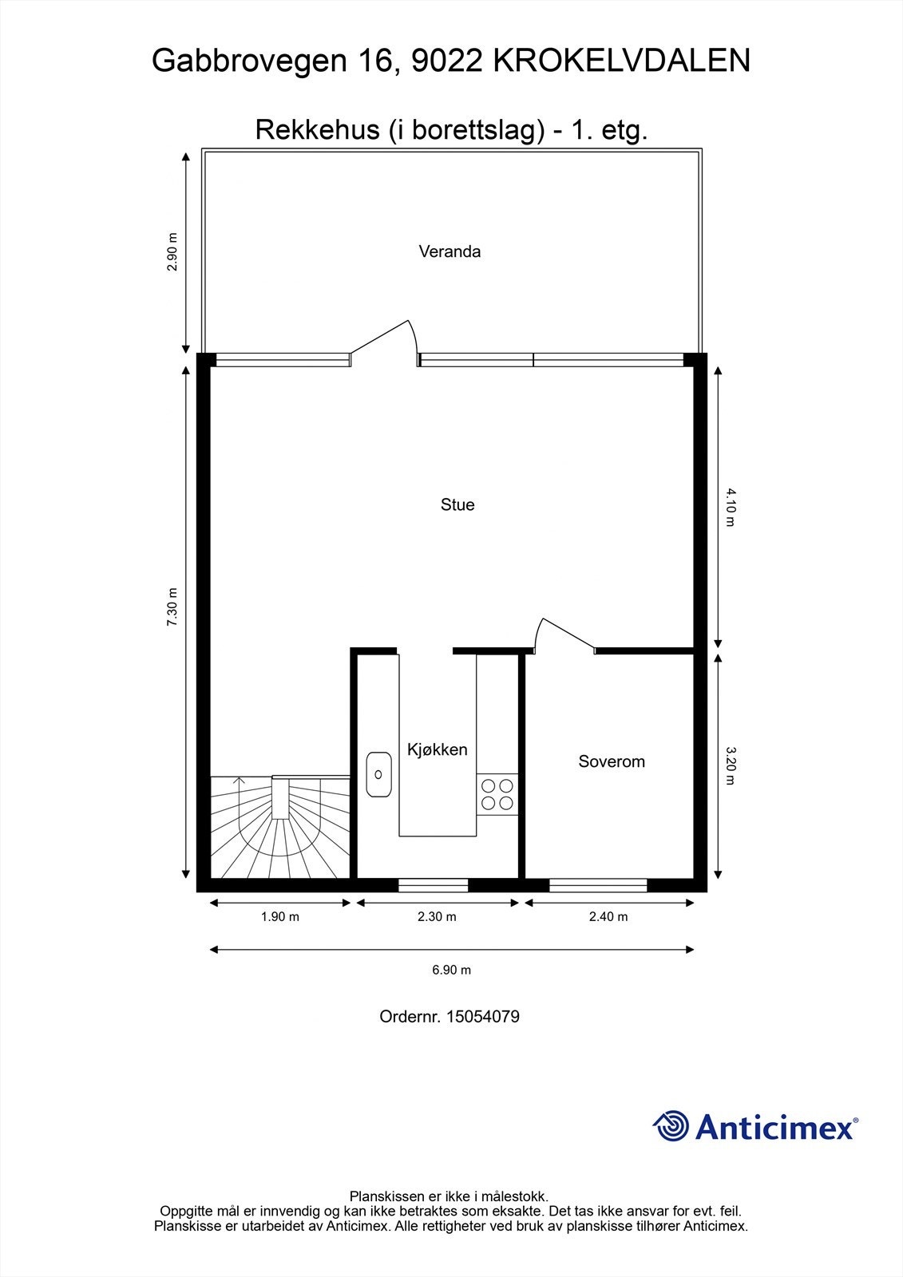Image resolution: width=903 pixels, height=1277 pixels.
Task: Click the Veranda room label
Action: click(x=450, y=251)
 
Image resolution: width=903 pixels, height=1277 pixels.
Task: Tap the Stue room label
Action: click(x=457, y=504)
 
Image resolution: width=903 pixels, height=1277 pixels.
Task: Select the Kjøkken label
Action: click(x=437, y=749)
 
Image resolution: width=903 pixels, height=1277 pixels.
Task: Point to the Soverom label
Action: click(x=612, y=761)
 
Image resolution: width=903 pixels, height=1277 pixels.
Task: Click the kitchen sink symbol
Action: click(x=378, y=773)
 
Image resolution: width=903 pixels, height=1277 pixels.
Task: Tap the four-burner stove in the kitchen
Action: click(x=497, y=794)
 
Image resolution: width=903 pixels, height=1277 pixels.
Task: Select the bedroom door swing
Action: click(x=563, y=635)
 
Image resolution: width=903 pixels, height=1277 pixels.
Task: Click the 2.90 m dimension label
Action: click(x=172, y=251)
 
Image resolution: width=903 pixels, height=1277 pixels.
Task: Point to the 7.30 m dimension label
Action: click(x=172, y=608)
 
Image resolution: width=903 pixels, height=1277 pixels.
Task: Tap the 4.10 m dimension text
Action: click(x=730, y=508)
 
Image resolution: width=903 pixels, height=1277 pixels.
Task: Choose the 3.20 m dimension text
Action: click(x=730, y=765)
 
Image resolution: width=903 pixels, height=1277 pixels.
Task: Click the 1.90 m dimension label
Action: click(x=279, y=916)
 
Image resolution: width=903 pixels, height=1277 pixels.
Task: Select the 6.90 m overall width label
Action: click(x=452, y=970)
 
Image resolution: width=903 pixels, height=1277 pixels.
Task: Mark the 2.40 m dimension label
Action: click(x=608, y=916)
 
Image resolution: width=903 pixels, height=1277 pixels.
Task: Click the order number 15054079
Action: click(x=482, y=1017)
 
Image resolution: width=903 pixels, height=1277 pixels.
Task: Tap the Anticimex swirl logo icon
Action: click(x=671, y=1127)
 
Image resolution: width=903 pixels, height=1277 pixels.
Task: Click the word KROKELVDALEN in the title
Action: click(x=622, y=61)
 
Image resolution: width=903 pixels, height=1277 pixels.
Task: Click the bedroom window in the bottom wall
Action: click(x=598, y=884)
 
